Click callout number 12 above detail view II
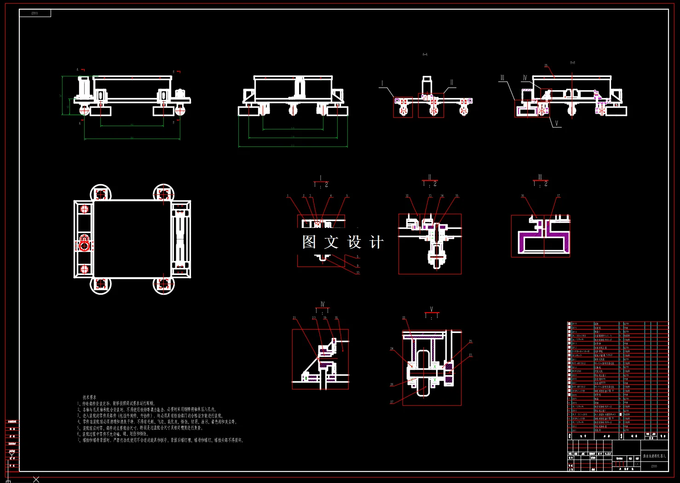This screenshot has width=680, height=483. pos(407,196)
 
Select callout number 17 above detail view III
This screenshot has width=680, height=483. pos(559,196)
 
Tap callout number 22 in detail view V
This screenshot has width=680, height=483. pos(404,318)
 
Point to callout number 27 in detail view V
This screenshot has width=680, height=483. pos(392,402)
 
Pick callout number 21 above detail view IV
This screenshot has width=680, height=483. pos(294,318)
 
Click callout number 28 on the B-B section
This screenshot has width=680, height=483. pos(546,66)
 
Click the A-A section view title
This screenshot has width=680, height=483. pos(425,54)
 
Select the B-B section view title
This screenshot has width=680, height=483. pos(572,63)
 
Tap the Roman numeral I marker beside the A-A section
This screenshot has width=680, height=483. pos(382,83)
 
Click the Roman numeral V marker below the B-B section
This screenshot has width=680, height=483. pos(556,123)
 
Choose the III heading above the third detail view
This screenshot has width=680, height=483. pos(540,177)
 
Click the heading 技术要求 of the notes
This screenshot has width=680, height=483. pos(89,397)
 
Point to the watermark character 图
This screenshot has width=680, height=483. pos(309,242)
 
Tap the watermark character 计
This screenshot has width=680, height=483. pos(376,242)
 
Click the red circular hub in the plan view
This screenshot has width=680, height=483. pos(84,244)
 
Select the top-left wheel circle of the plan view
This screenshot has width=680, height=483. pos(100,193)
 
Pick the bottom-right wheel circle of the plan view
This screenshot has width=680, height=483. pos(163,284)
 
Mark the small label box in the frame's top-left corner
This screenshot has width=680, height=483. pos(35,13)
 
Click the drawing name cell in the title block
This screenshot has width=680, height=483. pos(654,456)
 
